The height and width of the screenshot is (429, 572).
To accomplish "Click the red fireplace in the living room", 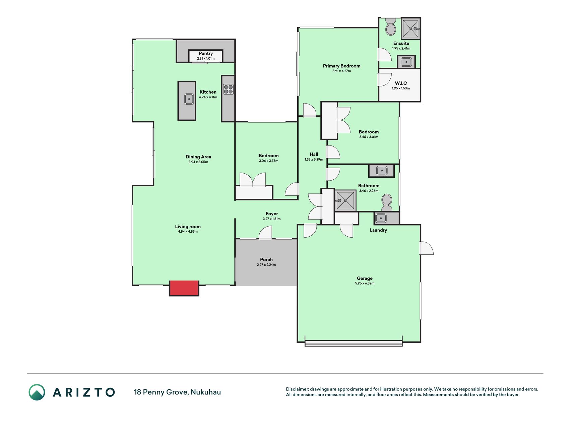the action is tap(184, 288).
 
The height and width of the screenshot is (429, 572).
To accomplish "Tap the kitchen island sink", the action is tap(189, 99).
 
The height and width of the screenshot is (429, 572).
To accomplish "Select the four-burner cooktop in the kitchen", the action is tap(228, 89).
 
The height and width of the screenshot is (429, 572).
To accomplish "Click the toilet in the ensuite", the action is tap(390, 26).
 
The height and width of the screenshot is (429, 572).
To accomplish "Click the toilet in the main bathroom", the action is tap(387, 203).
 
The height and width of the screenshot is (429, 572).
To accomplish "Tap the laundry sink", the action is tap(381, 219).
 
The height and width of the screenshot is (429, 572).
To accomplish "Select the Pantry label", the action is tap(206, 53).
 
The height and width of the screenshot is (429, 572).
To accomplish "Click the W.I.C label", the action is tap(401, 83).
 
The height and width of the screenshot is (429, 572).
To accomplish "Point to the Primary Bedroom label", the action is tap(341, 66).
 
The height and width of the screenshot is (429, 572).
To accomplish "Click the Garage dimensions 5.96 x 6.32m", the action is tap(365, 284).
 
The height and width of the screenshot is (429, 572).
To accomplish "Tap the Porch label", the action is tap(266, 259).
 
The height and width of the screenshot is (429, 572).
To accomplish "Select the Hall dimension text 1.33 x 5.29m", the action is tap(314, 160).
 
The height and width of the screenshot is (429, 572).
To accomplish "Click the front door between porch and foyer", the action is tap(265, 233).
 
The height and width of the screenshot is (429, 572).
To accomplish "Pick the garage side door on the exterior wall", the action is tap(426, 248).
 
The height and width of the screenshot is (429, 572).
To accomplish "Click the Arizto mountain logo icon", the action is tap(37, 392).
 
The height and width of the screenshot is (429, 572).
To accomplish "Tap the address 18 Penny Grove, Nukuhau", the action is tap(177, 392).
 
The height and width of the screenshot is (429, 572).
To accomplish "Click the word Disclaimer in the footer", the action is tap(297, 389).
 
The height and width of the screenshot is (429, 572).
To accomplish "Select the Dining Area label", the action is tap(198, 157).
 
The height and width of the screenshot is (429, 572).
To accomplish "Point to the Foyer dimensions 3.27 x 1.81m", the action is tap(272, 219).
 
